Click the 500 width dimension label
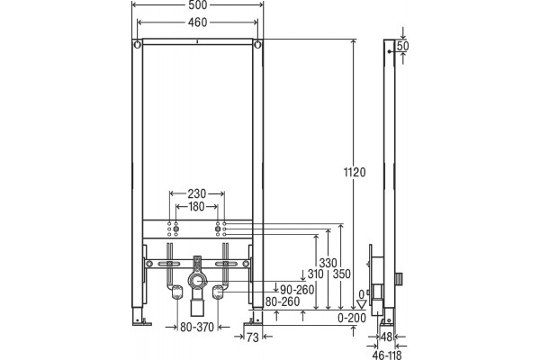198,4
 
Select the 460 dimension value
198,22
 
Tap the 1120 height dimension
355,172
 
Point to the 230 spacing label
196,193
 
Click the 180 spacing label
196,207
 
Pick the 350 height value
342,274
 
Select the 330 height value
328,263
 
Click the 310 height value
316,274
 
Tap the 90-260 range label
297,290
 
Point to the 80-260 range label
283,301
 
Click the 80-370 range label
197,327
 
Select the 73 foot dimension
252,337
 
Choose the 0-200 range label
352,318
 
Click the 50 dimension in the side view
402,46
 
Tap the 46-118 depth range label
387,355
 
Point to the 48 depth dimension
387,337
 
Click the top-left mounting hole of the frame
137,44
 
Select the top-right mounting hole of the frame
258,44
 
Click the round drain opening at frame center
197,282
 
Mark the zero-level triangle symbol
362,304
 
